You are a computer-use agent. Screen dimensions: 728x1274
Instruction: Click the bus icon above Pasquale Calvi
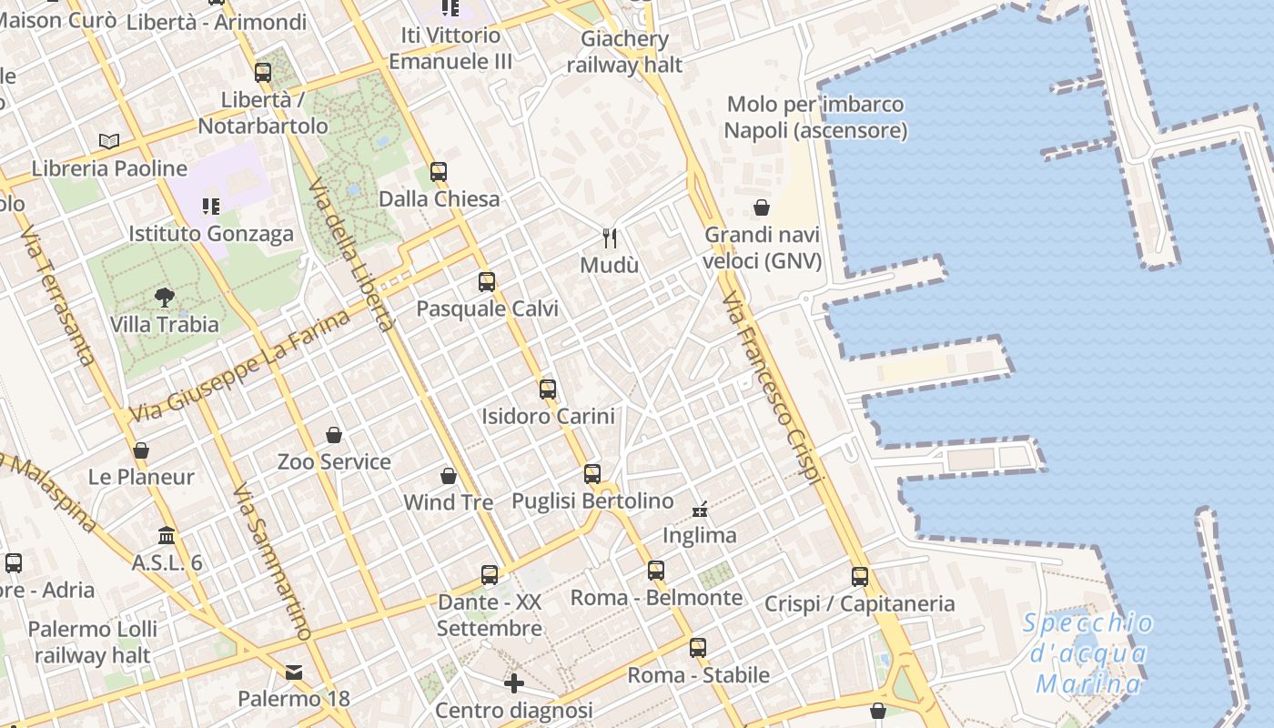(487, 282)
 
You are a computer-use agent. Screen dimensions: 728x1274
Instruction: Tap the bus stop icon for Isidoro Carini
(547, 389)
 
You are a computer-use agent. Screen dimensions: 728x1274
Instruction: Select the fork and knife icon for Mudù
(610, 238)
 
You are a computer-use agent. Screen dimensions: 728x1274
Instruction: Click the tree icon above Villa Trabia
(165, 297)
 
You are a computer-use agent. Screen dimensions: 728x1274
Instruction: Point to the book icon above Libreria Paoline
(109, 141)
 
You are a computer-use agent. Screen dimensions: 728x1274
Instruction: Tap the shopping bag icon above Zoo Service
(334, 435)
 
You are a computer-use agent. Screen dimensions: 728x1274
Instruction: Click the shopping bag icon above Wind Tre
(449, 475)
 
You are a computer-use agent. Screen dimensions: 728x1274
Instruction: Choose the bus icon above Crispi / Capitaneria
(860, 576)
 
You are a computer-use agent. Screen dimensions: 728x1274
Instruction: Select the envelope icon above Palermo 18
(294, 672)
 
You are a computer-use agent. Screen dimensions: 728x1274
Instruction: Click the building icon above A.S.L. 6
(167, 535)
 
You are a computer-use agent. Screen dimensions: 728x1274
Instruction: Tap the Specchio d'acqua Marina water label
(1088, 653)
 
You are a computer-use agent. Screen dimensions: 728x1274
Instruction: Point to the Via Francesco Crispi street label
(773, 387)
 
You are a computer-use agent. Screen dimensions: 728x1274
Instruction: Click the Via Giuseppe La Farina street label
(240, 366)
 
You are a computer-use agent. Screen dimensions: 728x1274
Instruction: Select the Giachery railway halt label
(624, 52)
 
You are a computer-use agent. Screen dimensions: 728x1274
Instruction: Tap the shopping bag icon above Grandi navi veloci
(762, 207)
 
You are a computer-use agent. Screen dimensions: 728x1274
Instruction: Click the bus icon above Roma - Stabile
(698, 648)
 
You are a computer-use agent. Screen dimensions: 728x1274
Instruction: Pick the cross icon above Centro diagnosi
(514, 682)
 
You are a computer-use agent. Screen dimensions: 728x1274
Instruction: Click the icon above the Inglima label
(700, 509)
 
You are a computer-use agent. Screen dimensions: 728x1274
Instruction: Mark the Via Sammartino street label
(271, 561)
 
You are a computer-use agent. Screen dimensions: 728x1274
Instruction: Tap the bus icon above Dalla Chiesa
(439, 171)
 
